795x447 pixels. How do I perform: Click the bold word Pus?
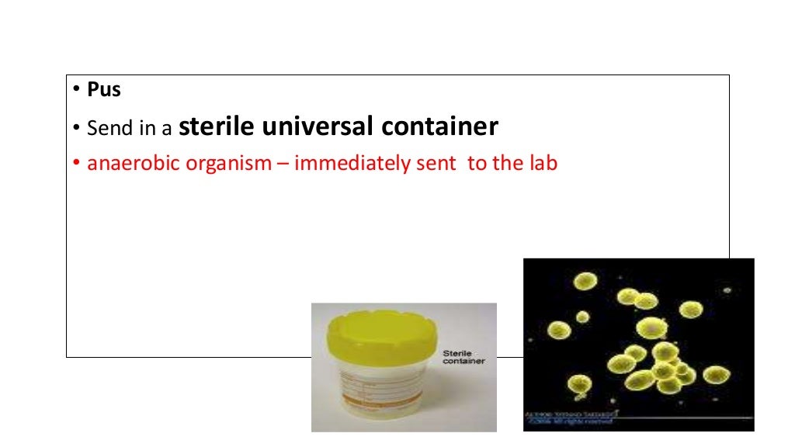point(104,90)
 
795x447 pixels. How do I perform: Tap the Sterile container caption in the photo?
point(463,357)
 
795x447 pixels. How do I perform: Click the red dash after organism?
point(286,165)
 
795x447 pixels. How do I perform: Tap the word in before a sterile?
point(148,128)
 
